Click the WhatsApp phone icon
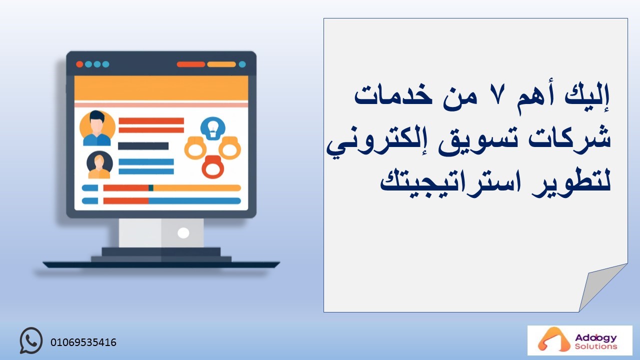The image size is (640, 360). click(x=31, y=340)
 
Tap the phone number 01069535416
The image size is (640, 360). click(x=83, y=342)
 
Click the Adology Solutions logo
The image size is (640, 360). click(x=579, y=340)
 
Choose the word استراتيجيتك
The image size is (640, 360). click(x=451, y=181)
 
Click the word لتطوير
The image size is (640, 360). click(x=571, y=183)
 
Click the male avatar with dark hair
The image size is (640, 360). click(x=97, y=128)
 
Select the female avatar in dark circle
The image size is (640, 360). click(x=99, y=165)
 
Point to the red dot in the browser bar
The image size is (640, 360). click(x=79, y=64)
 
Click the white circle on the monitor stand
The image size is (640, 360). click(x=183, y=233)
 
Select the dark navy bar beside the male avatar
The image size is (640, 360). click(x=143, y=146)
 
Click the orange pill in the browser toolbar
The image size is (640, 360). click(x=221, y=64)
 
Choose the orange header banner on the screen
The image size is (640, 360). click(x=161, y=88)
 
